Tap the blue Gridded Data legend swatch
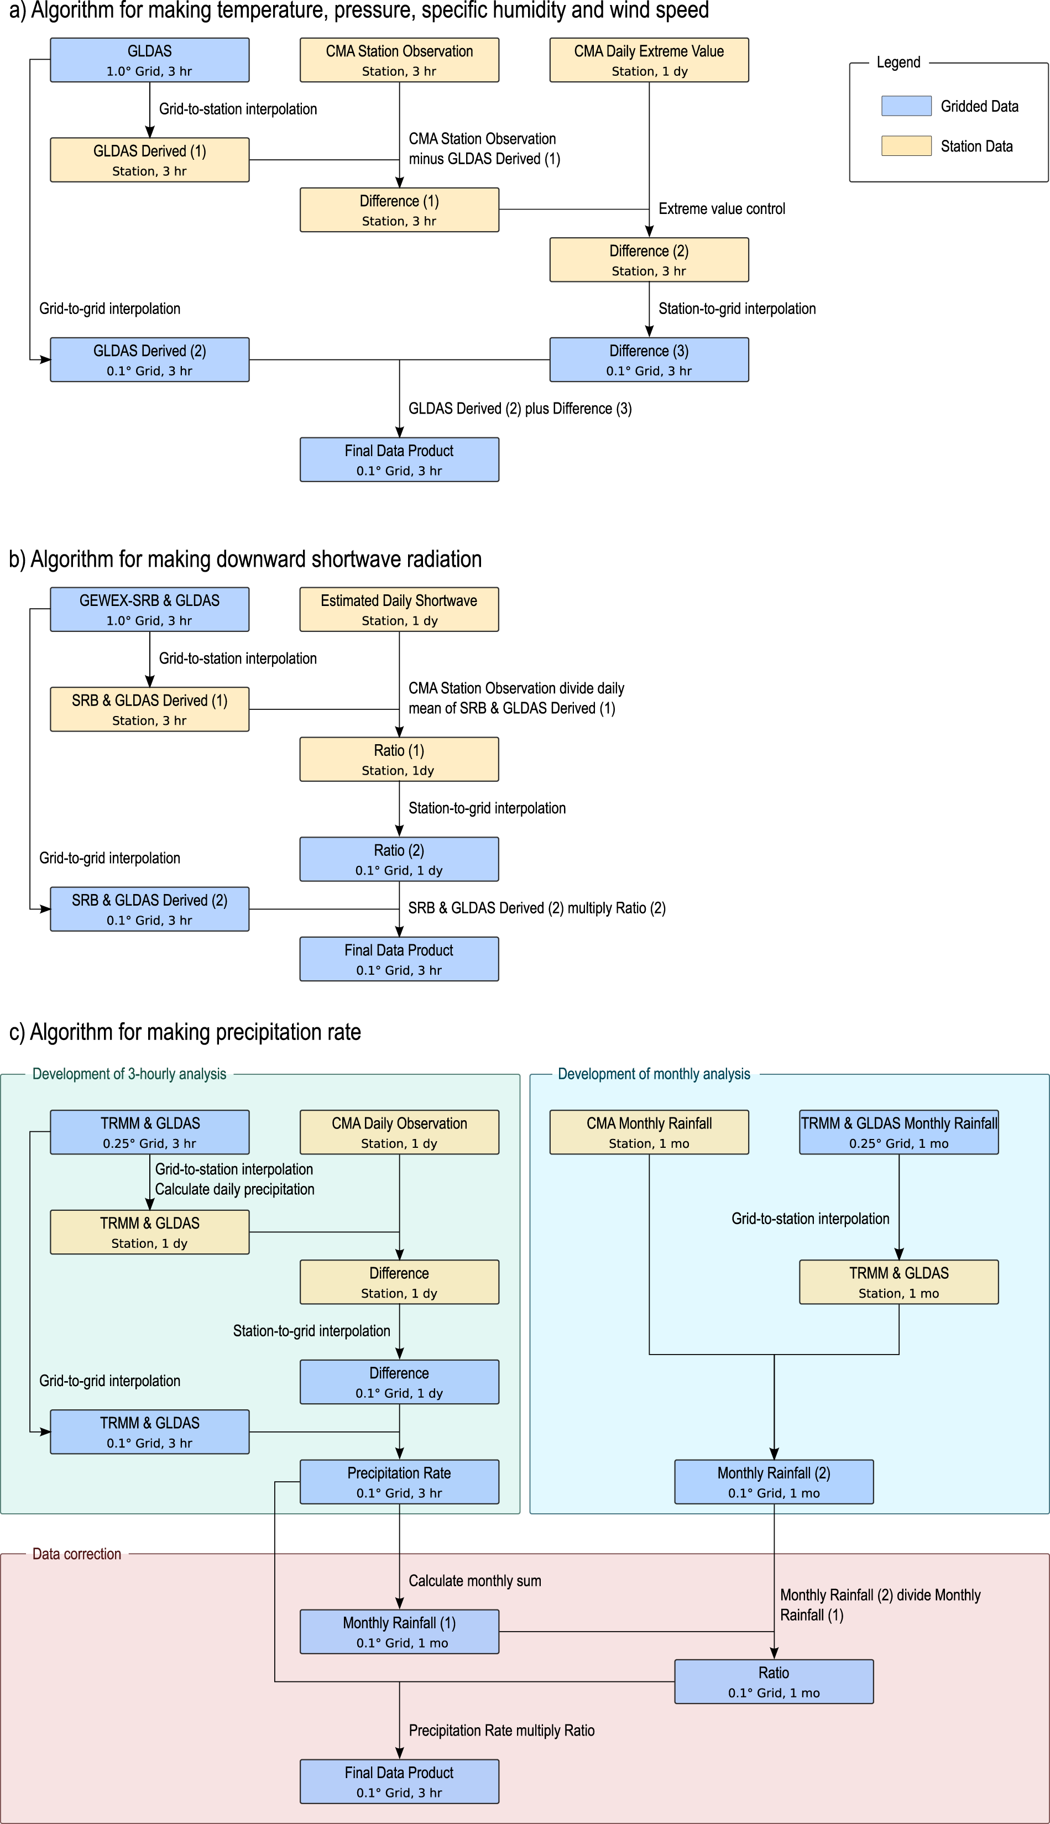click(906, 106)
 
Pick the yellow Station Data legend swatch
click(906, 147)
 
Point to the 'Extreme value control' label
click(721, 209)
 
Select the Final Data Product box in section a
click(399, 460)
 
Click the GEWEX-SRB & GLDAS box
click(149, 610)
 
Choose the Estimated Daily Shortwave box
click(399, 610)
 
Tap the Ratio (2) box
click(399, 859)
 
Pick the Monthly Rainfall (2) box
click(774, 1482)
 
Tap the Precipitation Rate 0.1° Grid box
click(399, 1482)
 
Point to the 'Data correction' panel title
click(76, 1554)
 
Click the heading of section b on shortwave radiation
click(245, 560)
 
